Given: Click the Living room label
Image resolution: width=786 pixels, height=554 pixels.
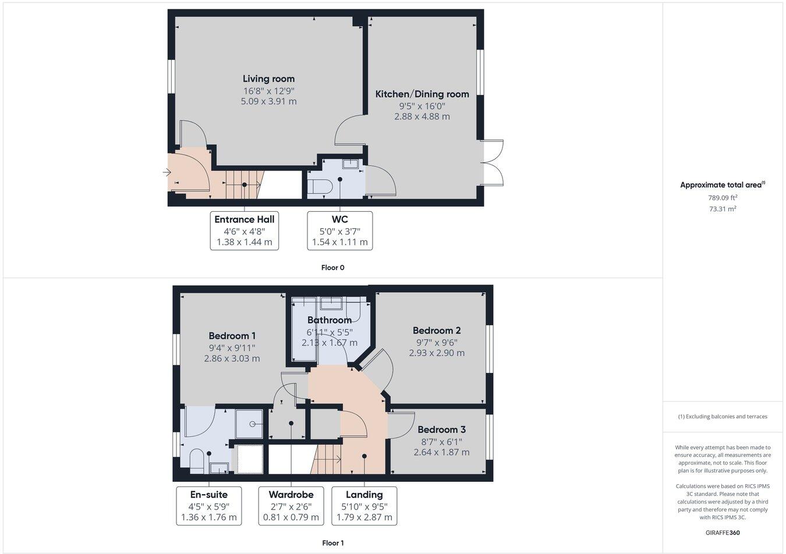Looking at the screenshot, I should click(x=268, y=79).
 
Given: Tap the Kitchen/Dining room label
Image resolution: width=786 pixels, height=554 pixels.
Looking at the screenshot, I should click(x=422, y=94).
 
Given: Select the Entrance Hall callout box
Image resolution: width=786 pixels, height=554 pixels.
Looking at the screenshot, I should click(x=245, y=230).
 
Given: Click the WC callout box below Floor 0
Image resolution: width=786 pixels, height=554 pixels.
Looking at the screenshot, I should click(x=339, y=230).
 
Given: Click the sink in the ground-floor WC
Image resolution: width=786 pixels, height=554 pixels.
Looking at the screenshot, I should click(x=350, y=164).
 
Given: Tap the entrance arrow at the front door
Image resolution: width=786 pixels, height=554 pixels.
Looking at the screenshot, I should click(x=167, y=172).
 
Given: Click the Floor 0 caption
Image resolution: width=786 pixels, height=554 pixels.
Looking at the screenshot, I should click(x=333, y=268).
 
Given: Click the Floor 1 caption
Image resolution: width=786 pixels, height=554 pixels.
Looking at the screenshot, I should click(x=333, y=543).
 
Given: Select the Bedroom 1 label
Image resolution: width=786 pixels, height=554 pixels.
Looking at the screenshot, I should click(x=232, y=336).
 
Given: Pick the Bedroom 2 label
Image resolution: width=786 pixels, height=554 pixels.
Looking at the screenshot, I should click(x=437, y=331).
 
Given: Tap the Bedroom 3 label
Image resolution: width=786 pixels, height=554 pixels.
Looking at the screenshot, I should click(x=441, y=429).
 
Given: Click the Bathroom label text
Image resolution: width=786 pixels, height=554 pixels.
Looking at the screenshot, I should click(x=329, y=320).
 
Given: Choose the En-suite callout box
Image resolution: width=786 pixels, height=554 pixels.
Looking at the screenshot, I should click(x=208, y=506).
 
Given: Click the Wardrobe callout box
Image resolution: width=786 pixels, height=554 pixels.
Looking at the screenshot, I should click(x=291, y=506).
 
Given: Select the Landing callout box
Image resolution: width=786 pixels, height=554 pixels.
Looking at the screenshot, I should click(x=364, y=506).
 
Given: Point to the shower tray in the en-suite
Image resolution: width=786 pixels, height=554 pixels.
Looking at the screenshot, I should click(x=249, y=424).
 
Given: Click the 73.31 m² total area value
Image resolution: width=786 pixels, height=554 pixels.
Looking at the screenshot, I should click(x=723, y=208).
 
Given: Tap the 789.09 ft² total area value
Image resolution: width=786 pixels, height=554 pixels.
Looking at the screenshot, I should click(x=723, y=197).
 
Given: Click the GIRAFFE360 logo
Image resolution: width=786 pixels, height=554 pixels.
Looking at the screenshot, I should click(x=723, y=532).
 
